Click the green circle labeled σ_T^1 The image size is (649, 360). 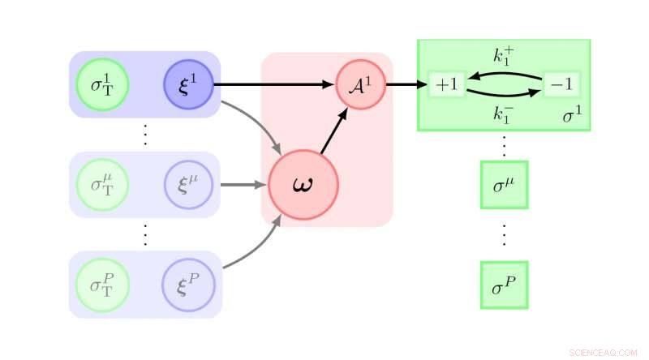coord(102,84)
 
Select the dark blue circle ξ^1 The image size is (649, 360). coord(189,84)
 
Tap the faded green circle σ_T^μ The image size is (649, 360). coord(102,185)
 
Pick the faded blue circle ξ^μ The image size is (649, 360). coord(189,185)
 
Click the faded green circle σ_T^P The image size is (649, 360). coord(102,285)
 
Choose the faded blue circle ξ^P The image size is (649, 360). coord(189,285)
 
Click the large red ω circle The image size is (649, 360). coord(303,186)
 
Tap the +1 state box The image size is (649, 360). coord(446,84)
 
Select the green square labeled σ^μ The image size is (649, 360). coord(504,185)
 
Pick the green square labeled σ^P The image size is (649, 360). coord(504,285)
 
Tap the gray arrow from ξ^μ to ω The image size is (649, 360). coord(243,185)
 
